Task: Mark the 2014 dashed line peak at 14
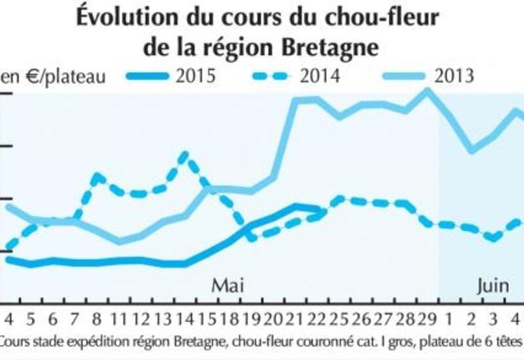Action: pyautogui.click(x=185, y=155)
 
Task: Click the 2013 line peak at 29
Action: pyautogui.click(x=427, y=90)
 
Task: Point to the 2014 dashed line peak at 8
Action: pyautogui.click(x=97, y=176)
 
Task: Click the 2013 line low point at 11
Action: pyautogui.click(x=119, y=242)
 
